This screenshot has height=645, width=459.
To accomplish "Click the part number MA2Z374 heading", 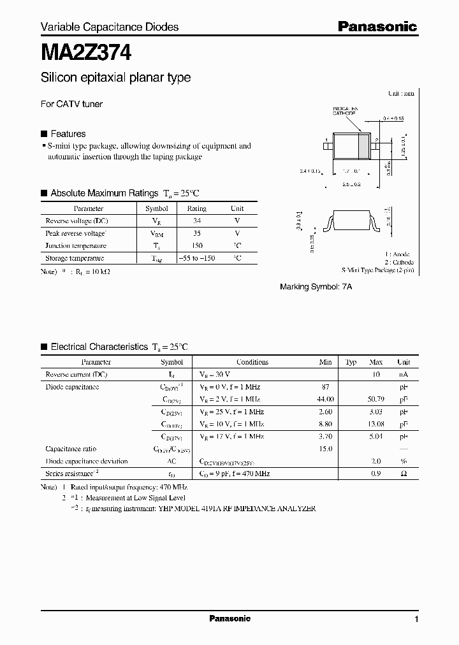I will (x=86, y=52).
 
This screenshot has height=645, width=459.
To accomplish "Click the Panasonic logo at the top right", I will (x=377, y=27).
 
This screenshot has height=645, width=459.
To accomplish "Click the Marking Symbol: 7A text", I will (x=316, y=287).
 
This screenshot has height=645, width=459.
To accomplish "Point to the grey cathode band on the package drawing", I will (x=364, y=146).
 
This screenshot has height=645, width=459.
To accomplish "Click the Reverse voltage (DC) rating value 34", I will (x=196, y=221).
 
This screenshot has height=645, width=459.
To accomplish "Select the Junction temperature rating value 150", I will (x=196, y=245).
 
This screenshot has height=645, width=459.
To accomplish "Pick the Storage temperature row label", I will (x=75, y=258).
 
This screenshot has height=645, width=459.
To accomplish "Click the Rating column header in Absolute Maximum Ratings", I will (x=196, y=208).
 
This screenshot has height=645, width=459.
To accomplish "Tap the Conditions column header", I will (x=252, y=362).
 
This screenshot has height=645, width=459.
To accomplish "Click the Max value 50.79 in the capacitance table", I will (x=375, y=399).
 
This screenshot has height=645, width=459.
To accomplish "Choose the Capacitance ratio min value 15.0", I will (x=325, y=449).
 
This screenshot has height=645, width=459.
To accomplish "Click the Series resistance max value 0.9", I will (x=375, y=474).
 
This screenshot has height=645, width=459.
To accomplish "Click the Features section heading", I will (x=68, y=134).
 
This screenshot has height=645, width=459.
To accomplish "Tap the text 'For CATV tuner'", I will (x=72, y=104).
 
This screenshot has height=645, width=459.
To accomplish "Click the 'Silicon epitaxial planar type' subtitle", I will (x=115, y=78).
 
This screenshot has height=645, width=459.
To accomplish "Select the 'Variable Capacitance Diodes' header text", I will (x=110, y=27).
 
